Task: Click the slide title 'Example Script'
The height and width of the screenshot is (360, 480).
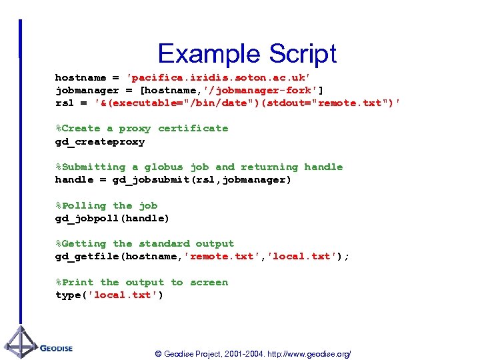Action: coord(247,53)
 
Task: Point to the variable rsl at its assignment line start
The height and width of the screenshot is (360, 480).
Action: coord(65,103)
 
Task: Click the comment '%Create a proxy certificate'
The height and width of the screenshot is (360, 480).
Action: coord(141,128)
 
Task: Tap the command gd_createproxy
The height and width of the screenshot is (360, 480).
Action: coord(99,141)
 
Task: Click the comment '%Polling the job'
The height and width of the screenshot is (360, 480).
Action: coord(106,205)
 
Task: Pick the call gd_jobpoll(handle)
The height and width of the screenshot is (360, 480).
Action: coord(112,218)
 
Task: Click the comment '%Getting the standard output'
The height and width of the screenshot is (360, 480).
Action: coord(144,243)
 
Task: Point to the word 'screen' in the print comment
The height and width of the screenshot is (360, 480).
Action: coord(209,282)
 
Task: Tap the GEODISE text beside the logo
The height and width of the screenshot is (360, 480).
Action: coord(56,348)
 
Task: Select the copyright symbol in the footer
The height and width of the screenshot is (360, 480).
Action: coord(158,354)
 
